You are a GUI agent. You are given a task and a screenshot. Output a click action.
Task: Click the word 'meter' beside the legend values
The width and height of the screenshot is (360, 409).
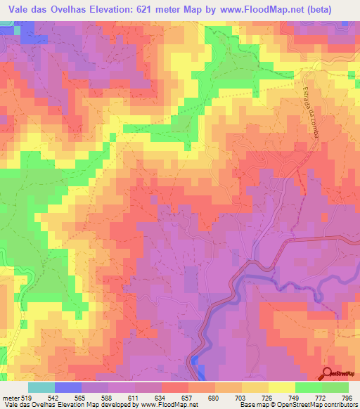(x=11, y=398)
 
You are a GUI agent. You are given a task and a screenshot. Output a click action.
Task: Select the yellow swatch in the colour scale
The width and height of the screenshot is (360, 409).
(x=282, y=387)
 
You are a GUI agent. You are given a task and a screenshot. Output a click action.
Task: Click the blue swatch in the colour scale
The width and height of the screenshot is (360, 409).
(x=68, y=387)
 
